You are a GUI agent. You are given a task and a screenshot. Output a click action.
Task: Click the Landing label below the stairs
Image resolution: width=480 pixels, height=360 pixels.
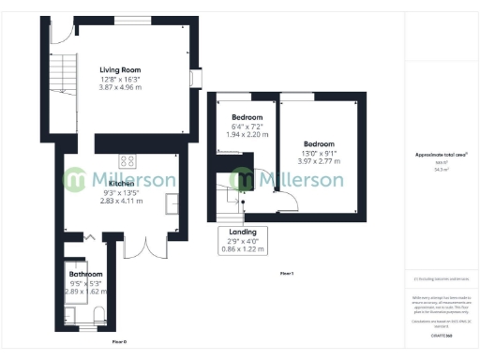tap(242, 232)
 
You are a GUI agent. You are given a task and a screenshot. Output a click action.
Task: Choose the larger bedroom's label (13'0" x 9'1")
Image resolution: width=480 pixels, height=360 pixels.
tap(320, 143)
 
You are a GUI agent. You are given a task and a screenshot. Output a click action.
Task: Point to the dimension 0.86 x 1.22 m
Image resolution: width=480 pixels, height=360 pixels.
tap(242, 249)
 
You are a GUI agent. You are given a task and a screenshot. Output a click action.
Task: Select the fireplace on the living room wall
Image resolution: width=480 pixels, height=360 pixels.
tap(195, 78)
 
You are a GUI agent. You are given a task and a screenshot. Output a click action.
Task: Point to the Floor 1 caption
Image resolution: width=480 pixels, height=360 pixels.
tap(287, 273)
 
